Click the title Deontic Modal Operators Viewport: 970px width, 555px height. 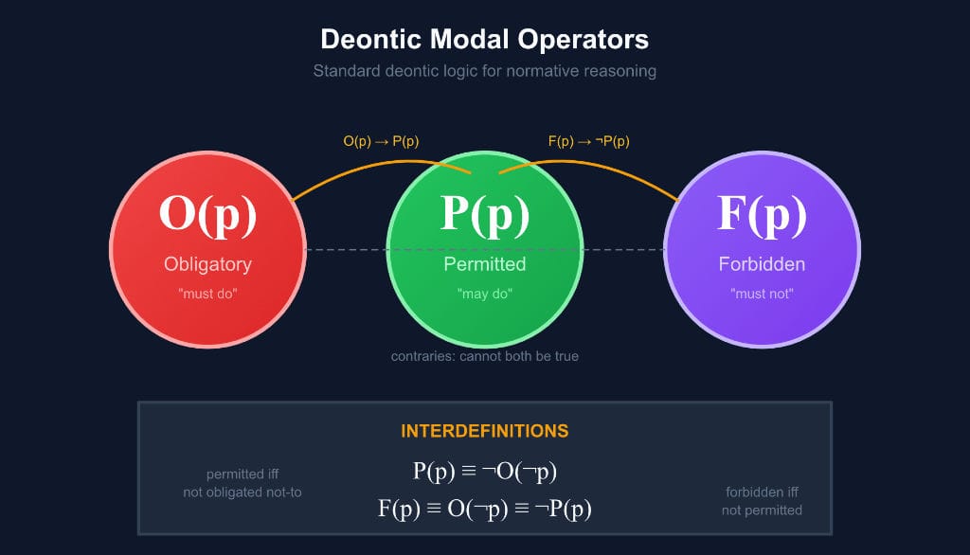[484, 39]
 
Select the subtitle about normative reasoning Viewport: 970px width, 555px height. [484, 71]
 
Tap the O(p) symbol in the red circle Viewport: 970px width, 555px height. [207, 213]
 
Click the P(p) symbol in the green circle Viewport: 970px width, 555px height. [485, 213]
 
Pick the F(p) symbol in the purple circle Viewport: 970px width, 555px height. [762, 213]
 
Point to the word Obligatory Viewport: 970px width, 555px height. [207, 263]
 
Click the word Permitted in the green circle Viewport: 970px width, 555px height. [485, 263]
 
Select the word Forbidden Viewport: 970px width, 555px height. [762, 263]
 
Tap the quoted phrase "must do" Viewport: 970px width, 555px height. [207, 294]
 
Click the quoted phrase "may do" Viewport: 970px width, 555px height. [485, 294]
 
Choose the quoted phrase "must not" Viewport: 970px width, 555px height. [762, 294]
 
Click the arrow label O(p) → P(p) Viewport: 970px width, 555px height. [381, 141]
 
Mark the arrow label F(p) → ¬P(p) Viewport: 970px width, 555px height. [588, 141]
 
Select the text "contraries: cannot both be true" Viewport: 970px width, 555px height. [485, 356]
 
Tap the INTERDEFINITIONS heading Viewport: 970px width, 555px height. [484, 431]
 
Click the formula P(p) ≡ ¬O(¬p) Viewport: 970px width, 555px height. [484, 472]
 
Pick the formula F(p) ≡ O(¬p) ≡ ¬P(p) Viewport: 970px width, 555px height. [484, 509]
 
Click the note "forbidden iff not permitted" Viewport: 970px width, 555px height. [762, 501]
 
